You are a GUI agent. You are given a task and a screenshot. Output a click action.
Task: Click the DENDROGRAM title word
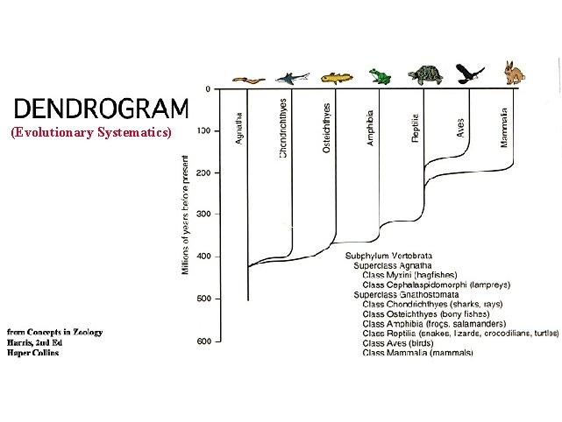(101, 109)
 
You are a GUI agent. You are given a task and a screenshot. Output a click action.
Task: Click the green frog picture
(380, 77)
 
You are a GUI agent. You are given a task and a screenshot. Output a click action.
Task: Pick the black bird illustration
(469, 73)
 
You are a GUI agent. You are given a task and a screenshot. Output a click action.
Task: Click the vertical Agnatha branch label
(240, 127)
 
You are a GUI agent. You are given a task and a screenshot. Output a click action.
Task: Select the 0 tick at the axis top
(207, 89)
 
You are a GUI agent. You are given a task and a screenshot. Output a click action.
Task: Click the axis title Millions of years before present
(186, 215)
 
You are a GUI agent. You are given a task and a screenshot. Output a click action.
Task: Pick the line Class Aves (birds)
(405, 343)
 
